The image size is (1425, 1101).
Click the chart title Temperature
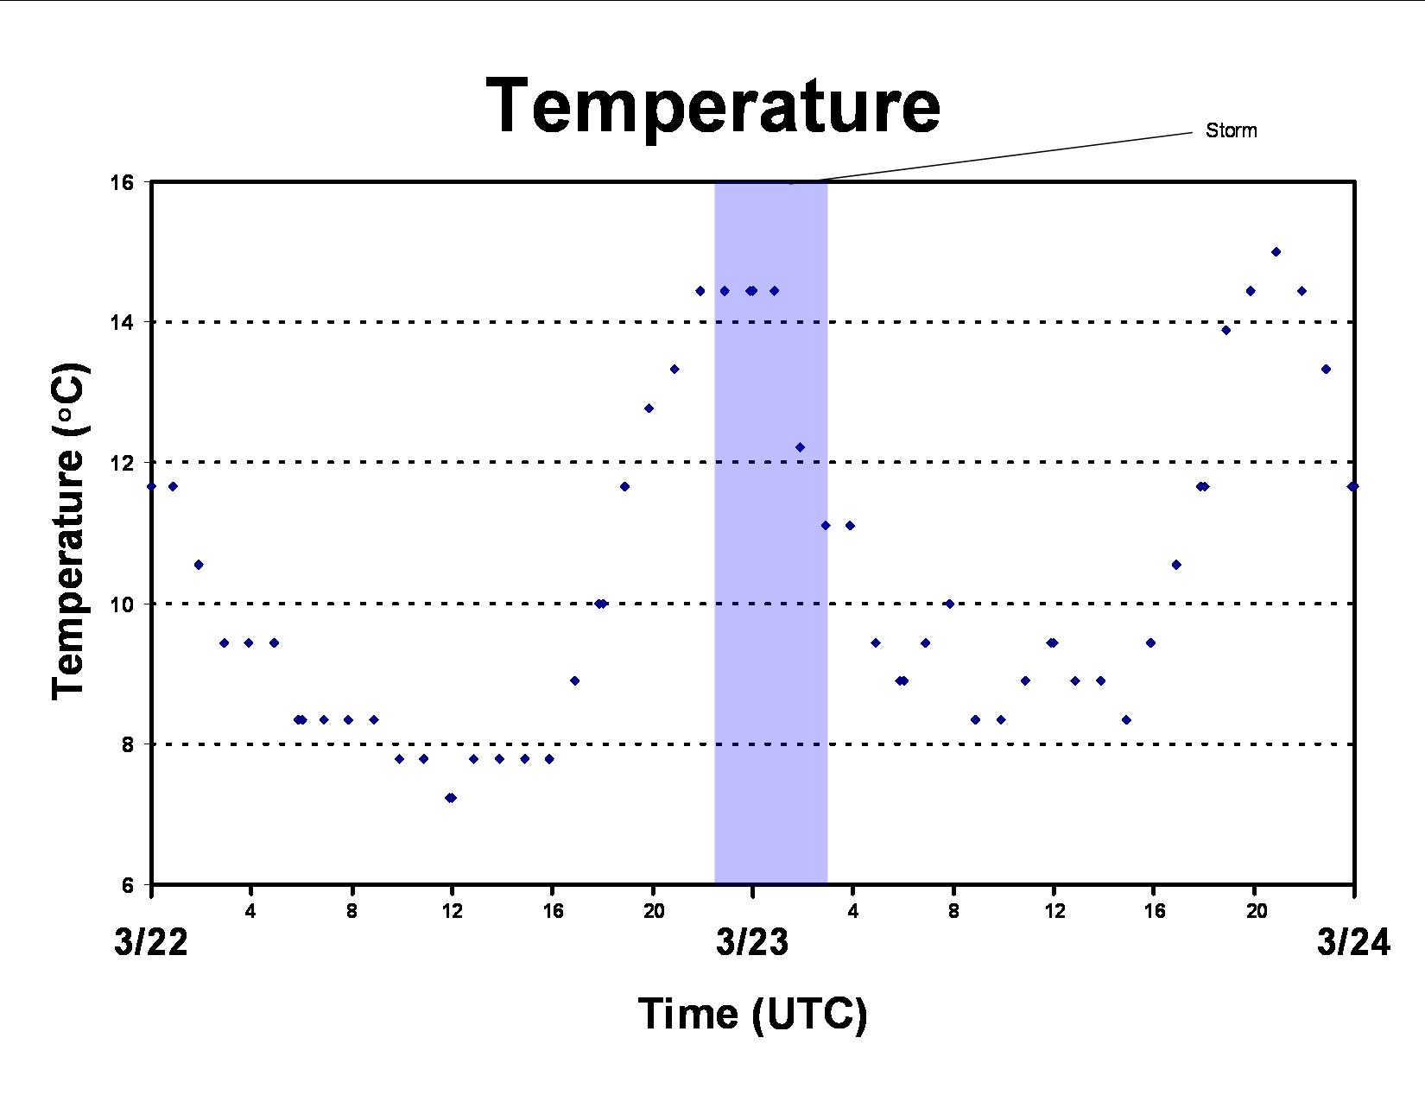(712, 105)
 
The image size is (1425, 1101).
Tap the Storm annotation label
(1231, 130)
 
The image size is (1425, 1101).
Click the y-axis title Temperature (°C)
(69, 531)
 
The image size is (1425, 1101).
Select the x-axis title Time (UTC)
(752, 1014)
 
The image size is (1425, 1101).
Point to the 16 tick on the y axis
(121, 181)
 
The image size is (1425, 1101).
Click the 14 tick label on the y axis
(121, 322)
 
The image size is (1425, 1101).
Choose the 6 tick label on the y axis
(127, 885)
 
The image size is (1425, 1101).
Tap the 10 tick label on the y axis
(121, 604)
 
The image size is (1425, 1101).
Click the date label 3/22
(151, 943)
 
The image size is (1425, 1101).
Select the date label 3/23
(752, 943)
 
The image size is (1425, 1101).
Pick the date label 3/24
(1353, 943)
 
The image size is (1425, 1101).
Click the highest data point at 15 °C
(1276, 252)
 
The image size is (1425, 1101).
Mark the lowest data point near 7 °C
(451, 797)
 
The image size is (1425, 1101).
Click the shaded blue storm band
(770, 533)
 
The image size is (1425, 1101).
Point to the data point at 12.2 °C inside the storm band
(800, 447)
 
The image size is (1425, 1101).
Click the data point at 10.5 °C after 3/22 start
(199, 565)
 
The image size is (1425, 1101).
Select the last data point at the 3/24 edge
(1352, 486)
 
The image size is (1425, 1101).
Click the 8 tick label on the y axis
(127, 744)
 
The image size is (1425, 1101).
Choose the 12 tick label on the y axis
(121, 462)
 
